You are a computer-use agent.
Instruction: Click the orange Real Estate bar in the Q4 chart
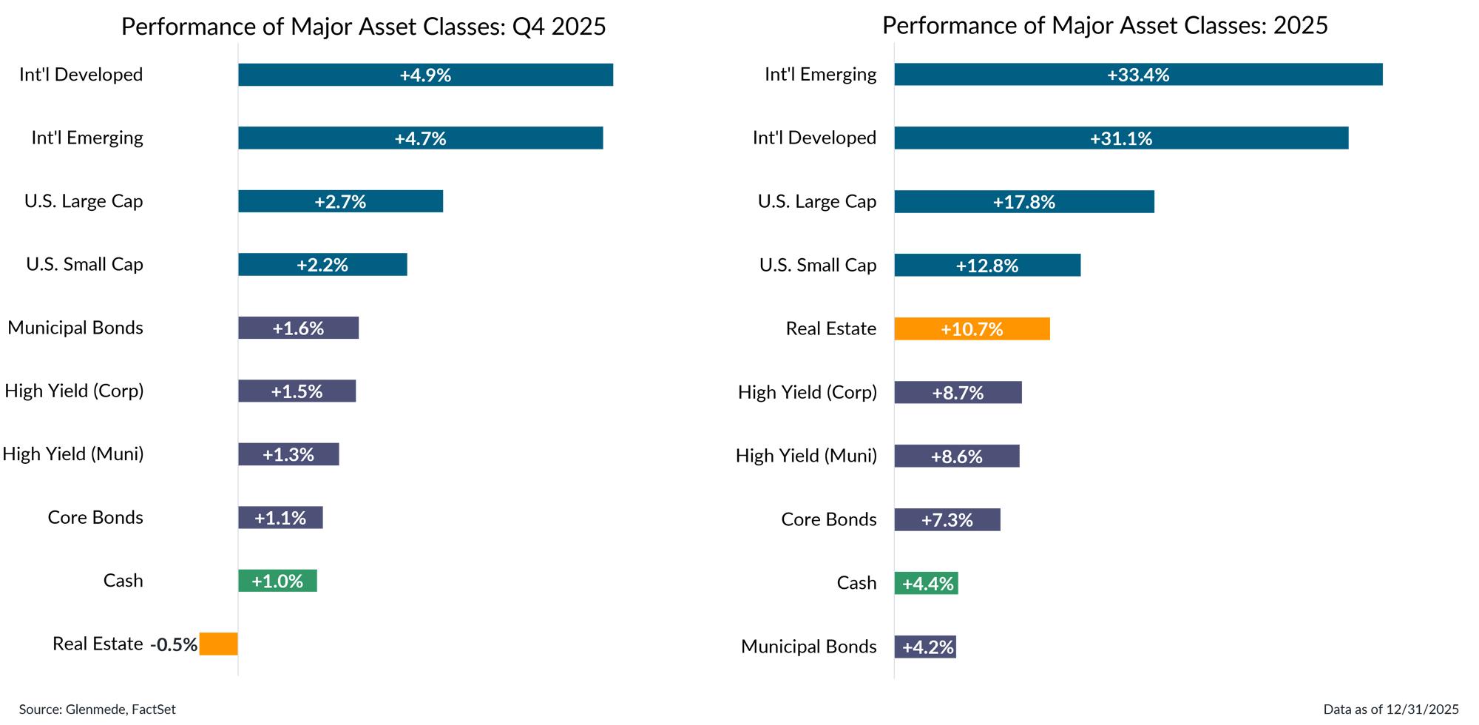(x=218, y=644)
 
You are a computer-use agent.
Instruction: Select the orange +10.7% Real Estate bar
(x=972, y=328)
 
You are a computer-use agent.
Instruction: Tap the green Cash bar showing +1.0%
(x=277, y=581)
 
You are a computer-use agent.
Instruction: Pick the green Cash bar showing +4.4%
(x=926, y=583)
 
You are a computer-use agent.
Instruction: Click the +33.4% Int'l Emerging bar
(x=1138, y=75)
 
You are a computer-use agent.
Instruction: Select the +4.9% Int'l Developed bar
(x=425, y=75)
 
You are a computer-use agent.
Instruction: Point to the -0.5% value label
(x=174, y=644)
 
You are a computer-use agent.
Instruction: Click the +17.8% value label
(x=1023, y=202)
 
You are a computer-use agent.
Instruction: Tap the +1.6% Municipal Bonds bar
(x=298, y=328)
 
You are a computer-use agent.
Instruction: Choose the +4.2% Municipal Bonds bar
(x=925, y=647)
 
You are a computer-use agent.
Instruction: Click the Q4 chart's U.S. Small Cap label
(x=84, y=264)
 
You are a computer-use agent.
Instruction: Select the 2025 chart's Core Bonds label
(x=828, y=519)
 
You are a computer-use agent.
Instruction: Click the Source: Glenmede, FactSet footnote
(x=97, y=709)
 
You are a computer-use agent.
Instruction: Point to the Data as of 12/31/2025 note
(x=1390, y=709)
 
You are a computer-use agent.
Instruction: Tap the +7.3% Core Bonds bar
(x=947, y=519)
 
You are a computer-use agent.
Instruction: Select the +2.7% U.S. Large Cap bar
(x=340, y=201)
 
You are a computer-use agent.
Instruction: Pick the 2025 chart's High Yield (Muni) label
(x=806, y=456)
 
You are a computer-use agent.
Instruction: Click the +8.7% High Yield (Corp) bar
(x=958, y=393)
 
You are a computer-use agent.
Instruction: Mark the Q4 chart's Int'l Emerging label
(x=87, y=138)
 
